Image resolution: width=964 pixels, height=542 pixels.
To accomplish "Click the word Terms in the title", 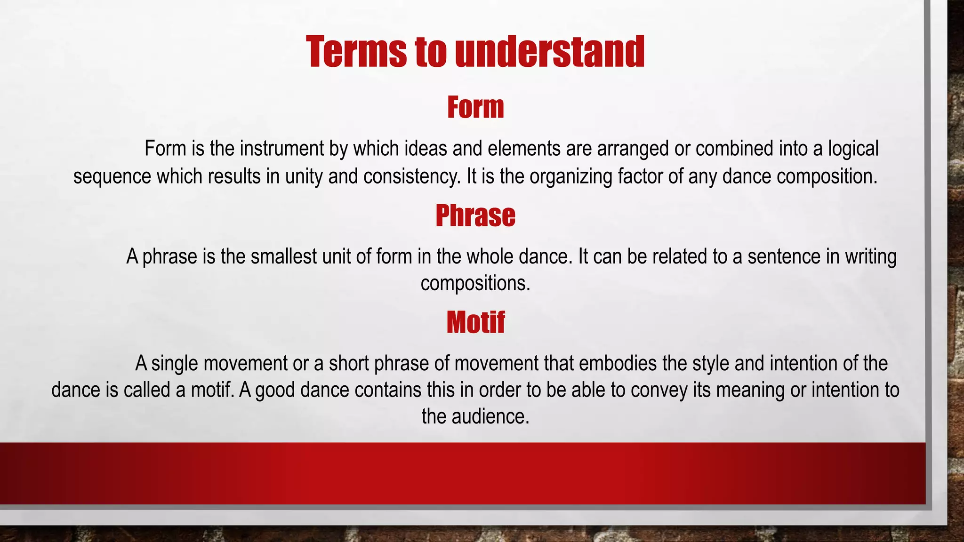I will point(356,52).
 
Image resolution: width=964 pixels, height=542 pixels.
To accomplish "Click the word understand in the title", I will point(550,52).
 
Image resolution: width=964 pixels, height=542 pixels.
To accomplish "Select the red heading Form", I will point(475,107).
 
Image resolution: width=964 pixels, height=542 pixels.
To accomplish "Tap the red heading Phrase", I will point(475,215).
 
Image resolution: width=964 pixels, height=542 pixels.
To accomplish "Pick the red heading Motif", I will point(475,323).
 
